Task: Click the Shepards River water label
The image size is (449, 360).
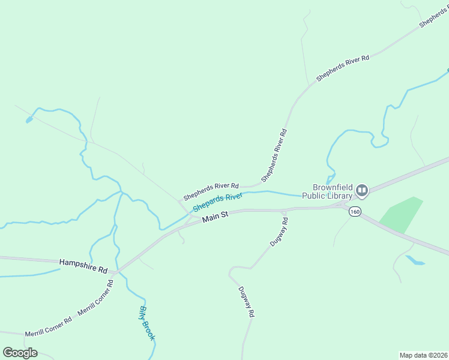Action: click(x=217, y=203)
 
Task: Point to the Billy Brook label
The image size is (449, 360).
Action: click(x=147, y=323)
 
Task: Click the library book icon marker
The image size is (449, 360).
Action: click(x=362, y=191)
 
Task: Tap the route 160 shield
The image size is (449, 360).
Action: click(x=355, y=211)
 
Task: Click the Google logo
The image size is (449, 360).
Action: click(x=20, y=353)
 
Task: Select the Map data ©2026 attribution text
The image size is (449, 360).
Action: click(x=423, y=355)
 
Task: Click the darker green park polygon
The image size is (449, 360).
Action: click(x=401, y=214)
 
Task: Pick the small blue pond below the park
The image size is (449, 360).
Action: click(x=415, y=260)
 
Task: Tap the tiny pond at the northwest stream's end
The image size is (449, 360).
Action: click(x=29, y=120)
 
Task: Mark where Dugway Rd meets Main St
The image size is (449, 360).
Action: click(x=284, y=210)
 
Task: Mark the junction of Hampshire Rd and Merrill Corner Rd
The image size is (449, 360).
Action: click(x=116, y=272)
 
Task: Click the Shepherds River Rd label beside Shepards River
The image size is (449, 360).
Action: click(x=211, y=191)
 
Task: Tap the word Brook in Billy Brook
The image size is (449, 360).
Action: click(x=149, y=329)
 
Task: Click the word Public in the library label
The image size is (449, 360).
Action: click(x=314, y=196)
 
